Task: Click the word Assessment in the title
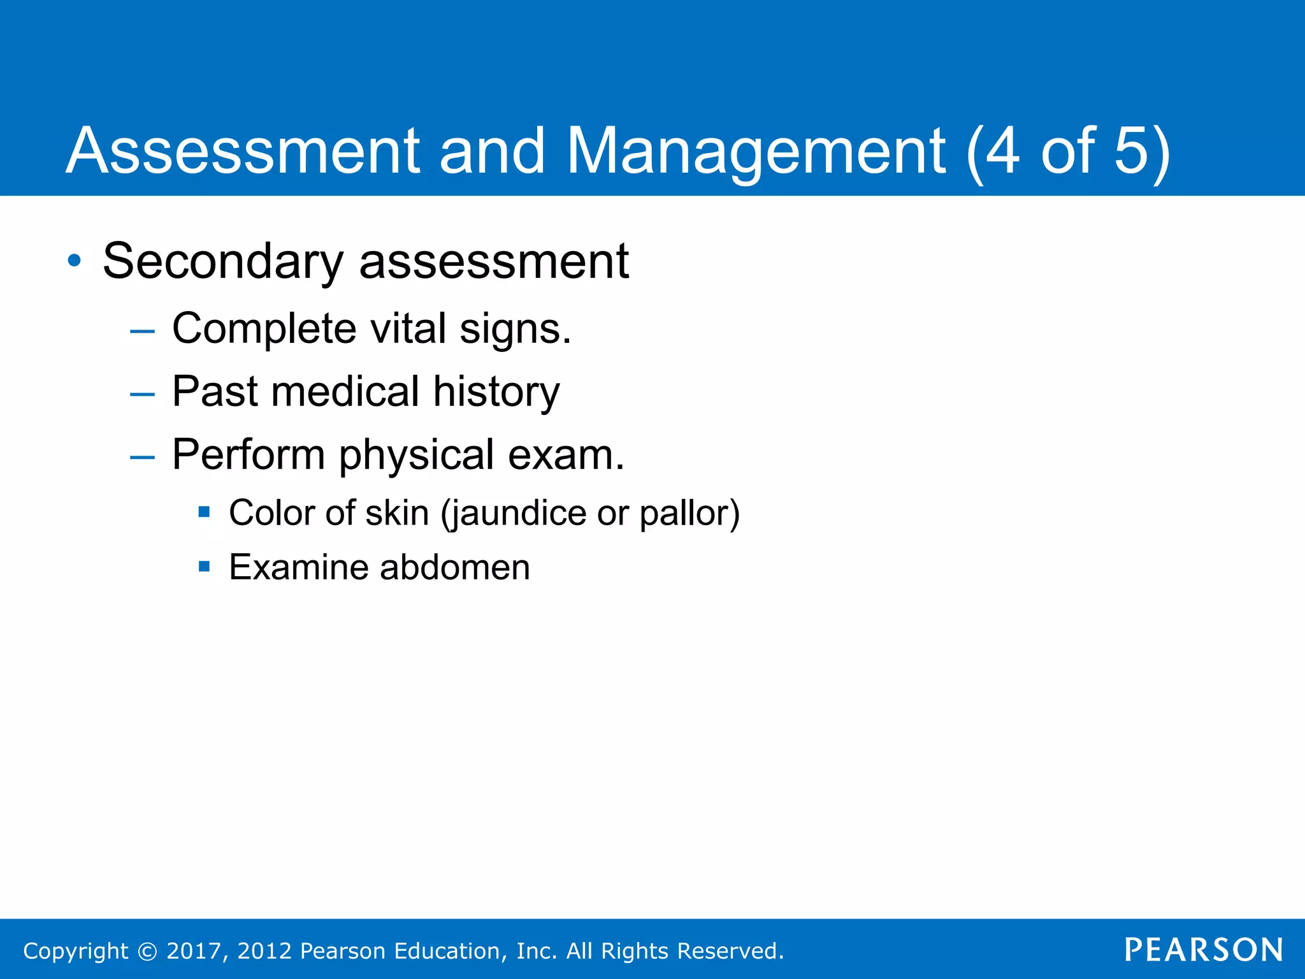click(242, 151)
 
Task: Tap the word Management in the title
click(756, 151)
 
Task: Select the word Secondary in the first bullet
click(223, 261)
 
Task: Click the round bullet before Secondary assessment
click(75, 261)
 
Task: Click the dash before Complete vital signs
click(141, 331)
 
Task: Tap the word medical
click(345, 391)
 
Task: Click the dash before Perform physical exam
click(141, 457)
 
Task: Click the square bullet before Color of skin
click(204, 511)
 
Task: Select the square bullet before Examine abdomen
click(204, 566)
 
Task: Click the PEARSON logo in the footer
click(1203, 950)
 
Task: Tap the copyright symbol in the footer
click(147, 951)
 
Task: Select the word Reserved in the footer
click(729, 951)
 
